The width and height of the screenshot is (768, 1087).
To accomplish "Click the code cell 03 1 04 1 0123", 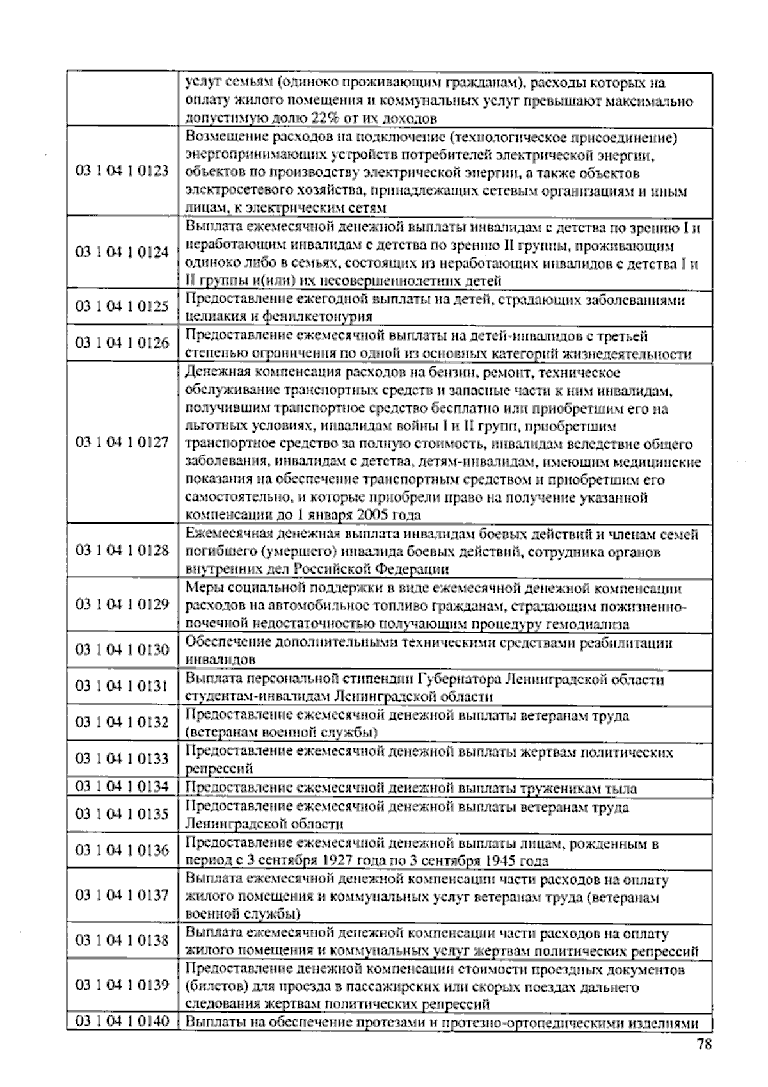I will (122, 172).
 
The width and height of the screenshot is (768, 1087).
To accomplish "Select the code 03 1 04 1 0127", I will (122, 442).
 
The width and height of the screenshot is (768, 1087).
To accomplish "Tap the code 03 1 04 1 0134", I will (122, 786).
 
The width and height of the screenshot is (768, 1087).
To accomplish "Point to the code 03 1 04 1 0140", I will (122, 1020).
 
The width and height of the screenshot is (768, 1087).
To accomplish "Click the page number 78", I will (704, 1045).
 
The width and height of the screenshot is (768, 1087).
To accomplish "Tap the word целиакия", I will (212, 316).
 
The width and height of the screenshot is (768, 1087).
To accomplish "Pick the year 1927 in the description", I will (323, 861).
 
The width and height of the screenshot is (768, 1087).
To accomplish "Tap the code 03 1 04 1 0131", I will (122, 686).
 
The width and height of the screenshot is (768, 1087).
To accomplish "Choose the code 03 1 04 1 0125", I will (122, 306).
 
